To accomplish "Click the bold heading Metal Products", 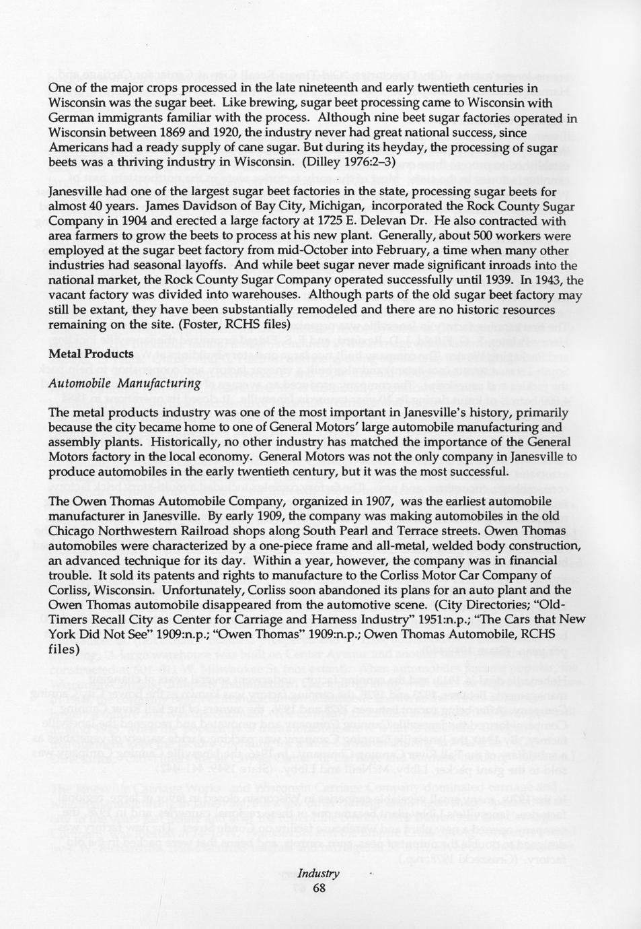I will click(x=91, y=353).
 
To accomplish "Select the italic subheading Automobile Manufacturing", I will click(x=125, y=383).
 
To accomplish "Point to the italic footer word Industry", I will click(x=319, y=873).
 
